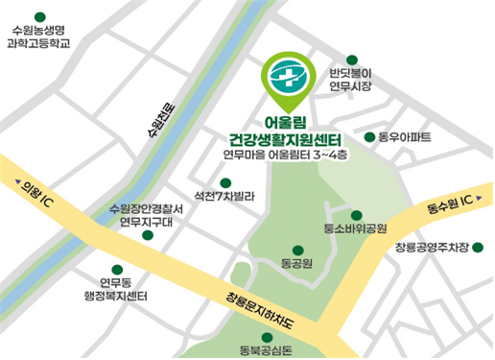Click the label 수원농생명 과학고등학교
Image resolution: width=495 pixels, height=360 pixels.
tap(39, 36)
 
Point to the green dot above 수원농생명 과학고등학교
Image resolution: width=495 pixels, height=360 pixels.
tap(39, 16)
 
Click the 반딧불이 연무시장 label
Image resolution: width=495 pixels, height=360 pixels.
tap(350, 80)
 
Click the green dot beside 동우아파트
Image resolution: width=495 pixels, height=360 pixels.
tap(370, 137)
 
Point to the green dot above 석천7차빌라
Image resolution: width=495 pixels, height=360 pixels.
tap(225, 181)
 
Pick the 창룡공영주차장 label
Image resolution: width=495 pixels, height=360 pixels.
tap(431, 249)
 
